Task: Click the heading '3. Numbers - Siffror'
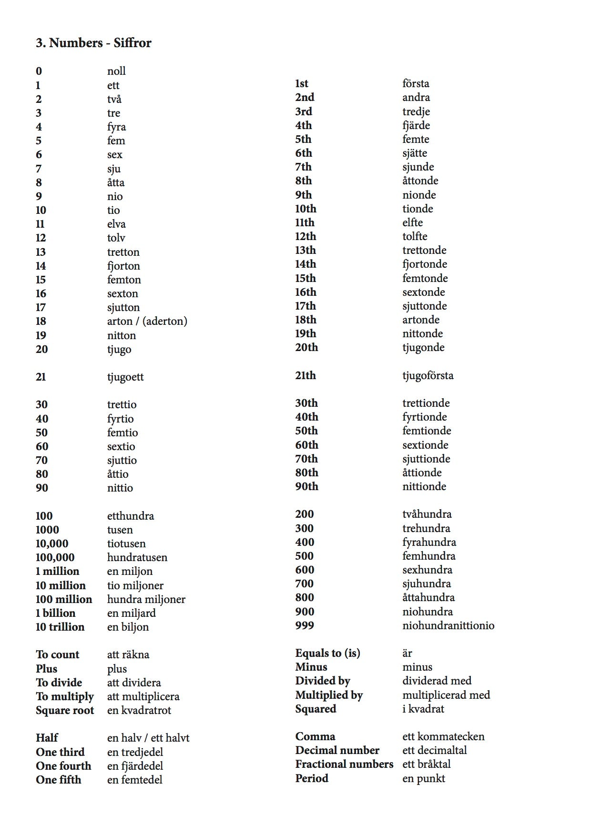pyautogui.click(x=93, y=43)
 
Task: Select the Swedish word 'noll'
pyautogui.click(x=116, y=71)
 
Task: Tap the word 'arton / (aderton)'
pyautogui.click(x=147, y=322)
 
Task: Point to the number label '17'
pyautogui.click(x=41, y=308)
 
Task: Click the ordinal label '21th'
pyautogui.click(x=306, y=376)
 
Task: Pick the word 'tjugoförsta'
pyautogui.click(x=428, y=376)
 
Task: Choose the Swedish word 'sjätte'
pyautogui.click(x=414, y=153)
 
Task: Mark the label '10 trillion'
pyautogui.click(x=60, y=627)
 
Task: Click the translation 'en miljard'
pyautogui.click(x=131, y=614)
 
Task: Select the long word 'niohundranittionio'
pyautogui.click(x=448, y=626)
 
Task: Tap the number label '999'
pyautogui.click(x=305, y=626)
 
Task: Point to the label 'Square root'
pyautogui.click(x=65, y=711)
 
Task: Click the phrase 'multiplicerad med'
pyautogui.click(x=446, y=695)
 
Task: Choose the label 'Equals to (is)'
pyautogui.click(x=327, y=654)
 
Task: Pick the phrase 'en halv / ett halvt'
pyautogui.click(x=148, y=738)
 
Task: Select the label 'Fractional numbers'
pyautogui.click(x=344, y=765)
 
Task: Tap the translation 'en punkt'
pyautogui.click(x=423, y=779)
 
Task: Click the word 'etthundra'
pyautogui.click(x=130, y=516)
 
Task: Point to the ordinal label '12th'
pyautogui.click(x=306, y=237)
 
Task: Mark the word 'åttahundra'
pyautogui.click(x=428, y=598)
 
